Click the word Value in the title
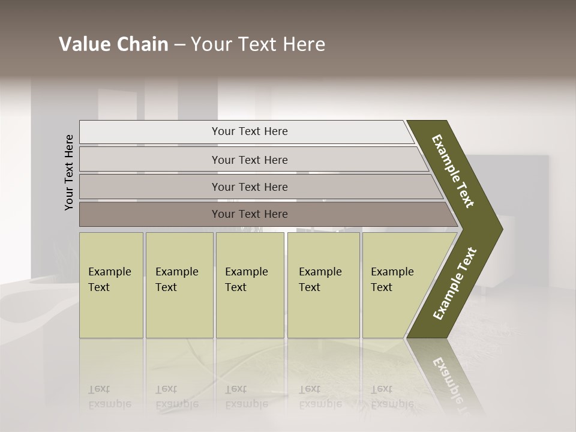[x=83, y=44]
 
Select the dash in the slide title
[x=179, y=45]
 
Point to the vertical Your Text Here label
[x=69, y=172]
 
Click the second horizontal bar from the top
[x=249, y=160]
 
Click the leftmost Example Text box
[x=111, y=285]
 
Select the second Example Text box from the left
[x=179, y=285]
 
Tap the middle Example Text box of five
[x=250, y=285]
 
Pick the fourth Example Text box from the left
[x=323, y=285]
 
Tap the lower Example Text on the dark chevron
[x=455, y=284]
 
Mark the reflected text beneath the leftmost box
[x=110, y=397]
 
